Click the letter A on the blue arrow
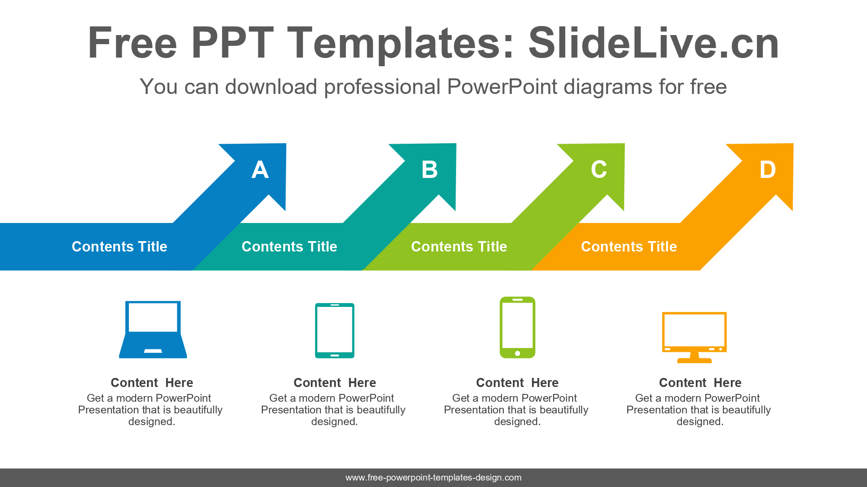pyautogui.click(x=260, y=170)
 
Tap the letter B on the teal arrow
pyautogui.click(x=430, y=170)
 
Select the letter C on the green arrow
pyautogui.click(x=599, y=170)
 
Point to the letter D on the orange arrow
pyautogui.click(x=767, y=170)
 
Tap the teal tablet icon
pyautogui.click(x=335, y=331)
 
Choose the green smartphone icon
pyautogui.click(x=518, y=327)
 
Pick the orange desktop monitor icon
pyautogui.click(x=694, y=337)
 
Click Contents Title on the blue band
pyautogui.click(x=119, y=247)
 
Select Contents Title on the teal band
pyautogui.click(x=289, y=247)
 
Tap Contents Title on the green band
pyautogui.click(x=459, y=247)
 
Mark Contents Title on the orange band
pyautogui.click(x=629, y=247)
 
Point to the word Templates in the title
pyautogui.click(x=400, y=43)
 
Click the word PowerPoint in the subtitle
pyautogui.click(x=502, y=87)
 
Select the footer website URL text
pyautogui.click(x=433, y=477)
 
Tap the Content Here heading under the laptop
pyautogui.click(x=152, y=383)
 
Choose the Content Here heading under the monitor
pyautogui.click(x=700, y=383)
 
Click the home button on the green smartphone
pyautogui.click(x=518, y=353)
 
